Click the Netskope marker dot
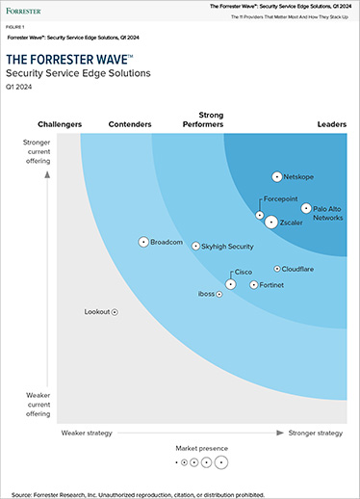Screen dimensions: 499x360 pyautogui.click(x=277, y=177)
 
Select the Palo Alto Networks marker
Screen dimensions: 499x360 pyautogui.click(x=306, y=208)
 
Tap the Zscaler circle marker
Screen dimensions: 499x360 pyautogui.click(x=271, y=222)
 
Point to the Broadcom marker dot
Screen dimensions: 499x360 pyautogui.click(x=143, y=242)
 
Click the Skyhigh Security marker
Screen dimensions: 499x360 pyautogui.click(x=195, y=247)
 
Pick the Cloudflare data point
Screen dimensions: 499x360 pyautogui.click(x=277, y=270)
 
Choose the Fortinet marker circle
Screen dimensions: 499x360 pyautogui.click(x=254, y=285)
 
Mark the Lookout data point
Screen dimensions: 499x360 pyautogui.click(x=115, y=312)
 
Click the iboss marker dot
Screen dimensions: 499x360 pyautogui.click(x=220, y=294)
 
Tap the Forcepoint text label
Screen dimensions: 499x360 pyautogui.click(x=281, y=199)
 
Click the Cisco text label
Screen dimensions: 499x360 pyautogui.click(x=244, y=274)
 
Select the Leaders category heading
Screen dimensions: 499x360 pyautogui.click(x=331, y=124)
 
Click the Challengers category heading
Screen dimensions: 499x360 pyautogui.click(x=60, y=124)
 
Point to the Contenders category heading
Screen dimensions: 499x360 pyautogui.click(x=130, y=124)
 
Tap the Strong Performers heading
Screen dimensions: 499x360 pyautogui.click(x=203, y=119)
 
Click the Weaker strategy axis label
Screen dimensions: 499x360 pyautogui.click(x=88, y=433)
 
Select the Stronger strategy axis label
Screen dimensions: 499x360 pyautogui.click(x=315, y=433)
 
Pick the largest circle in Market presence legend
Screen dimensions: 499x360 pyautogui.click(x=221, y=462)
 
